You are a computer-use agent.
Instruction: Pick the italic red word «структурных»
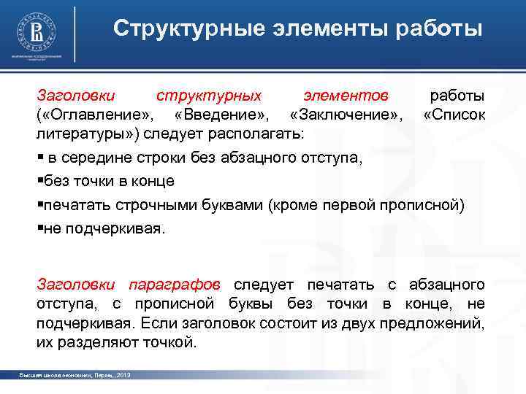point(209,97)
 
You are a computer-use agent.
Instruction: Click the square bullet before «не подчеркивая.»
point(39,228)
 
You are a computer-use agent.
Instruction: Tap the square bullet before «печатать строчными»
point(39,204)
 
